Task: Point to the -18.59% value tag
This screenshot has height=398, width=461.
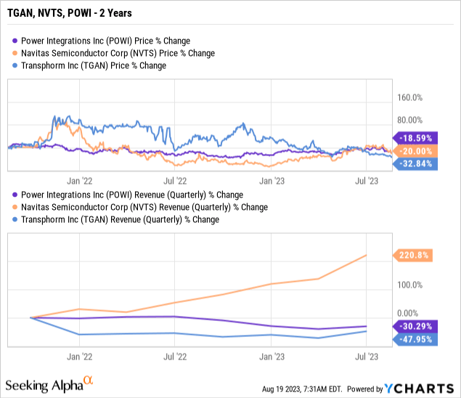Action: point(416,137)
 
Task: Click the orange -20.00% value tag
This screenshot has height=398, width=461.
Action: point(416,150)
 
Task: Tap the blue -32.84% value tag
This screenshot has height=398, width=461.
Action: point(416,164)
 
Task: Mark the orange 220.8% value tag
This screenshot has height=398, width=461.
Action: point(416,255)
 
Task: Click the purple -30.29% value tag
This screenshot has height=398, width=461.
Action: point(416,326)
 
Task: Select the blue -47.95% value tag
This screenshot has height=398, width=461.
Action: point(416,339)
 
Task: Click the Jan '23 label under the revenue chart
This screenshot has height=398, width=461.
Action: point(271,357)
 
